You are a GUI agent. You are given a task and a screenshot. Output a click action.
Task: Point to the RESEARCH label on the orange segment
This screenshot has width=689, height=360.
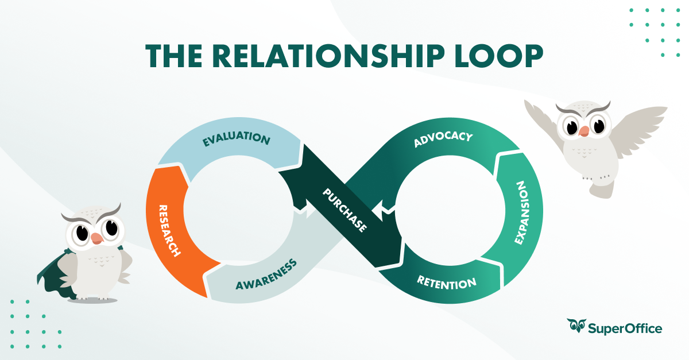click(x=169, y=230)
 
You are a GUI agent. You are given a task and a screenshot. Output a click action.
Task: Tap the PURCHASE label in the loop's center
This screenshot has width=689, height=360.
click(x=344, y=210)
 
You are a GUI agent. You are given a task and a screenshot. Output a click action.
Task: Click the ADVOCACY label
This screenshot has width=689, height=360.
click(x=443, y=140)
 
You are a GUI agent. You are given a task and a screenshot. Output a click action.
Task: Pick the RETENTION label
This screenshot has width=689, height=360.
click(x=446, y=282)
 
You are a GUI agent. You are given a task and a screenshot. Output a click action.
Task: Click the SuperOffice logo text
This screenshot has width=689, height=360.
click(x=626, y=328)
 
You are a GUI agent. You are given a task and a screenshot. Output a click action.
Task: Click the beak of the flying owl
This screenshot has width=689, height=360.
click(x=584, y=131)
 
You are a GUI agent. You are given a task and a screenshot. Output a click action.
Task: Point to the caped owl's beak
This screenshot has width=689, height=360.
click(x=96, y=237)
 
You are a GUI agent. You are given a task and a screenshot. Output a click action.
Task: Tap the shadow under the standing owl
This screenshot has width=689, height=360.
click(x=92, y=300)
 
